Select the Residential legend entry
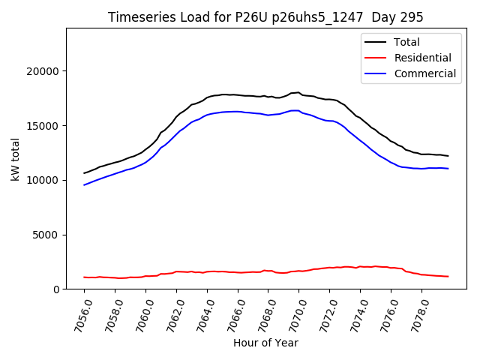[424, 58]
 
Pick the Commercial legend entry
[425, 73]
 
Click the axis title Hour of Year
[265, 343]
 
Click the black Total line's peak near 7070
[298, 92]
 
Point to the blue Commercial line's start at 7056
[85, 184]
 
